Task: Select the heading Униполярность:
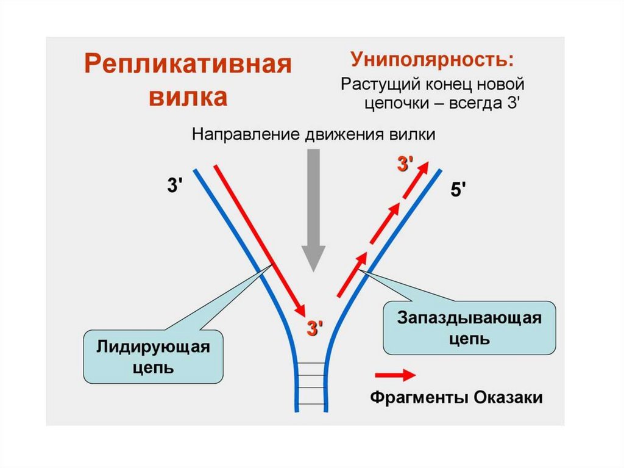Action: click(x=431, y=60)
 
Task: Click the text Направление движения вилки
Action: click(x=314, y=135)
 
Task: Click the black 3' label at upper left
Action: click(x=175, y=185)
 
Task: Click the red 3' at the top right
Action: click(x=405, y=164)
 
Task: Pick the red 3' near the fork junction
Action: click(x=313, y=328)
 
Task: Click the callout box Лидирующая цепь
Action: click(x=153, y=357)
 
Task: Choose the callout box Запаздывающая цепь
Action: click(x=469, y=328)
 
